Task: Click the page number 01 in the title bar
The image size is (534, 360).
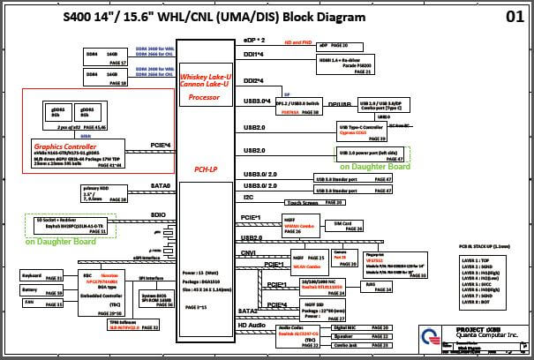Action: pyautogui.click(x=514, y=17)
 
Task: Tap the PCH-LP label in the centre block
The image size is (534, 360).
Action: pyautogui.click(x=205, y=168)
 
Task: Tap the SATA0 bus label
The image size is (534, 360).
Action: pyautogui.click(x=162, y=186)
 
